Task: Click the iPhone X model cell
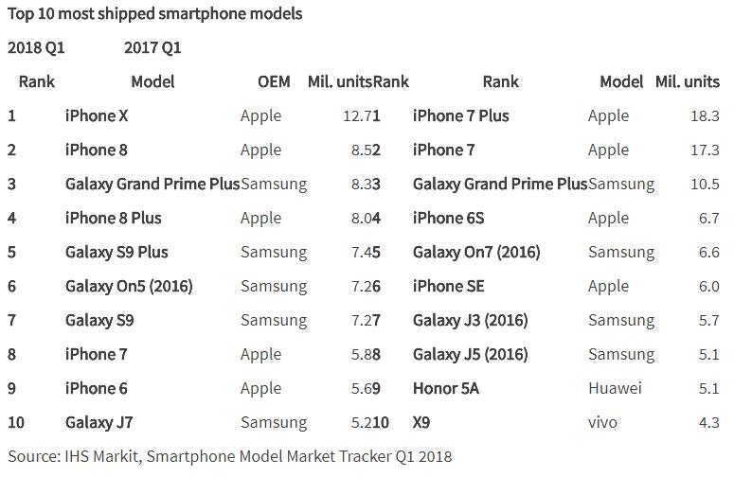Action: [x=96, y=115]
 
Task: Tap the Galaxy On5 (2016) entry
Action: [x=129, y=286]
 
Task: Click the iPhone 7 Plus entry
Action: [x=460, y=115]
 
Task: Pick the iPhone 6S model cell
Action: [x=448, y=218]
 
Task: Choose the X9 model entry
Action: [x=422, y=422]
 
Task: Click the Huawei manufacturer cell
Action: [x=615, y=388]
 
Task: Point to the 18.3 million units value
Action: [x=706, y=115]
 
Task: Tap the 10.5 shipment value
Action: [x=706, y=184]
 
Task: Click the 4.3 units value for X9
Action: [x=709, y=422]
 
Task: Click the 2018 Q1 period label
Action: [x=36, y=47]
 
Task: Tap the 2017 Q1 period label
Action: [x=152, y=47]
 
